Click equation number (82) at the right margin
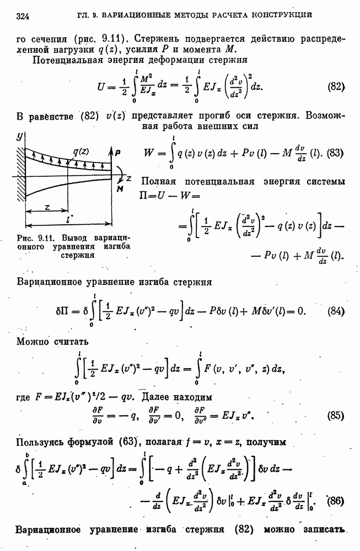click(336, 87)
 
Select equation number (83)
click(335, 154)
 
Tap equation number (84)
click(336, 311)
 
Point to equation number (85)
click(336, 415)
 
